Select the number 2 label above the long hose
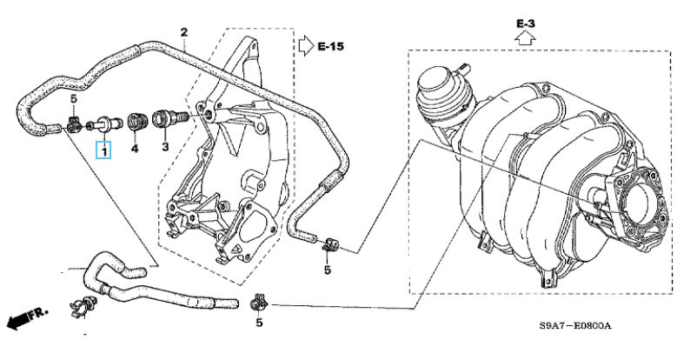coord(184,32)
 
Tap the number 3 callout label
coord(165,146)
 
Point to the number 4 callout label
coord(134,148)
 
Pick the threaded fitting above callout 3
coord(169,119)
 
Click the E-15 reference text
coord(331,46)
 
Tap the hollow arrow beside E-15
coord(306,46)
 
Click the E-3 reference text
coord(525,24)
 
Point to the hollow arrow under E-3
coord(526,39)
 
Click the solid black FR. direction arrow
coord(18,322)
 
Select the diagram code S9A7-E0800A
coord(575,326)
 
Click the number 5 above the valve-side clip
coord(74,98)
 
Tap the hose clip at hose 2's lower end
coord(329,244)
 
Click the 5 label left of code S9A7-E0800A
coord(259,323)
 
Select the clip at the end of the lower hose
coord(259,303)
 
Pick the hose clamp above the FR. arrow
coord(83,306)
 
